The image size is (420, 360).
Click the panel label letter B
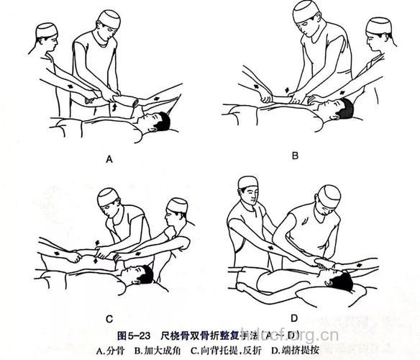point(294,155)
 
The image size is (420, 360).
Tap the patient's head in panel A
point(161,121)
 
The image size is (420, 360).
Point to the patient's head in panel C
point(142,274)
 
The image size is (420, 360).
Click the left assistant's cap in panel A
point(45,30)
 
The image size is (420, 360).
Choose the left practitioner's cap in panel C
point(109,194)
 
